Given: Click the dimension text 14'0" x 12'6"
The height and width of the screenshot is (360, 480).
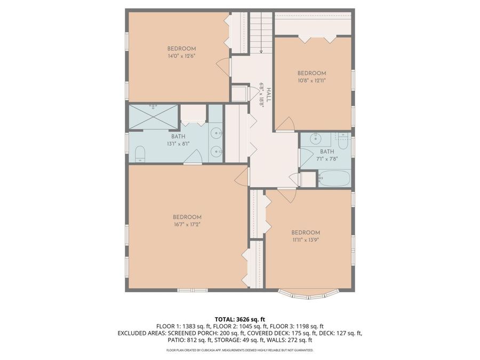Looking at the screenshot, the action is [x=181, y=56].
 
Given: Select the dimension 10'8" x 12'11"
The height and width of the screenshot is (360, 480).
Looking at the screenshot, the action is [x=311, y=81].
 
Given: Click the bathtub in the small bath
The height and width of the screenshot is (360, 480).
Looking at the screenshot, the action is [x=334, y=178].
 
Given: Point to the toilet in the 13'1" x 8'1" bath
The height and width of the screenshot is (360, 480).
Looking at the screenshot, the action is [x=140, y=154].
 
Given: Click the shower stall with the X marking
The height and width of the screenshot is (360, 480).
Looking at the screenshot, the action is [x=153, y=116].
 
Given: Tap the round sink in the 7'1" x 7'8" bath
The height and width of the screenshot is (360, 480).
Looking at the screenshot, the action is [x=315, y=138].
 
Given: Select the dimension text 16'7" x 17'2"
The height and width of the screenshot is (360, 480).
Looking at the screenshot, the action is [x=187, y=225].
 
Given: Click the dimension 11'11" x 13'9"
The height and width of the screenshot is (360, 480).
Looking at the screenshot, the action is [x=306, y=240].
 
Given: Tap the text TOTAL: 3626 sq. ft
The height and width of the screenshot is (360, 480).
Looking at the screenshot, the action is [x=239, y=320].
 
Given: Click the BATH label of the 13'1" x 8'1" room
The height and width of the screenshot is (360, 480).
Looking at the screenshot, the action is [x=178, y=136].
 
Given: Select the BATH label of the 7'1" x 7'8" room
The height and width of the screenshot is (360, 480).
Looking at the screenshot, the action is [x=327, y=151].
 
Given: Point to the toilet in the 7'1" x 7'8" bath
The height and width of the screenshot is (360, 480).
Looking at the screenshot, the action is [x=342, y=141].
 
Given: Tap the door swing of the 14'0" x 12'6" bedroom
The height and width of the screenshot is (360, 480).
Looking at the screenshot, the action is [x=223, y=67].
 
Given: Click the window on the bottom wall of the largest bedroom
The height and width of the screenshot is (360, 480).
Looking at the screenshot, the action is [x=193, y=290].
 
